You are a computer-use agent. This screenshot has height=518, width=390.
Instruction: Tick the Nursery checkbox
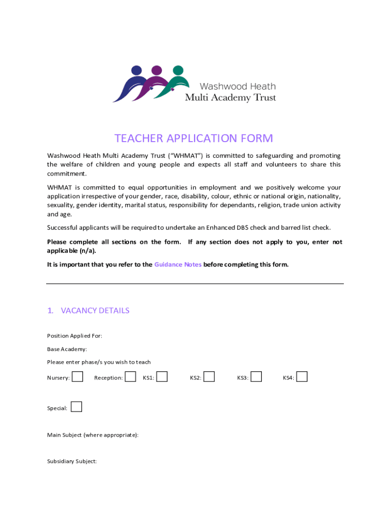[x=77, y=377]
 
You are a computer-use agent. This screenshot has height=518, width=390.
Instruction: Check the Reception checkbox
[x=130, y=377]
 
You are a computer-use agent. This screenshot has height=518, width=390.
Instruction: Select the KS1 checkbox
[x=162, y=377]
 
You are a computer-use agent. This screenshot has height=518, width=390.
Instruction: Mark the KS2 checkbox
[x=209, y=377]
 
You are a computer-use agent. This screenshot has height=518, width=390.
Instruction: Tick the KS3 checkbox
[x=256, y=377]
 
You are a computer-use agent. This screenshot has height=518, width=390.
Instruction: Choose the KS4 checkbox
[x=302, y=377]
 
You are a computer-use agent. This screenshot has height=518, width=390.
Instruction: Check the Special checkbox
[x=76, y=407]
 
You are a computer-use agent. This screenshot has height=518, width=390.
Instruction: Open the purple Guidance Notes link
[x=178, y=265]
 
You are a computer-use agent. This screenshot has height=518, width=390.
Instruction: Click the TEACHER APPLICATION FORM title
[x=193, y=139]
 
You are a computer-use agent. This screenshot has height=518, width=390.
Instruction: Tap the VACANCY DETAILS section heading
[x=95, y=311]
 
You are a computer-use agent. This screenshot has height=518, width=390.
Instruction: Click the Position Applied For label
[x=74, y=336]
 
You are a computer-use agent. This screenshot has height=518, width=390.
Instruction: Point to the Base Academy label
[x=67, y=349]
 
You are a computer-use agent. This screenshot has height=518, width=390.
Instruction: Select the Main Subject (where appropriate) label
[x=93, y=435]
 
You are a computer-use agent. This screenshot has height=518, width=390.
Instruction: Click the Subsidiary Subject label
[x=72, y=461]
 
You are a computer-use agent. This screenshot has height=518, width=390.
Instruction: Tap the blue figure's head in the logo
[x=137, y=70]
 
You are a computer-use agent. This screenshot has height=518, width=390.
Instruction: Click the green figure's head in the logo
[x=177, y=70]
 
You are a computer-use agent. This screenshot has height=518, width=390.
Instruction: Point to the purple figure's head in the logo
[x=157, y=70]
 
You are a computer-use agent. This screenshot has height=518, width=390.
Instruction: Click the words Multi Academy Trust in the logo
[x=230, y=98]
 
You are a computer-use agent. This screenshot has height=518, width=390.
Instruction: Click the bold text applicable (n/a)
[x=71, y=251]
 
